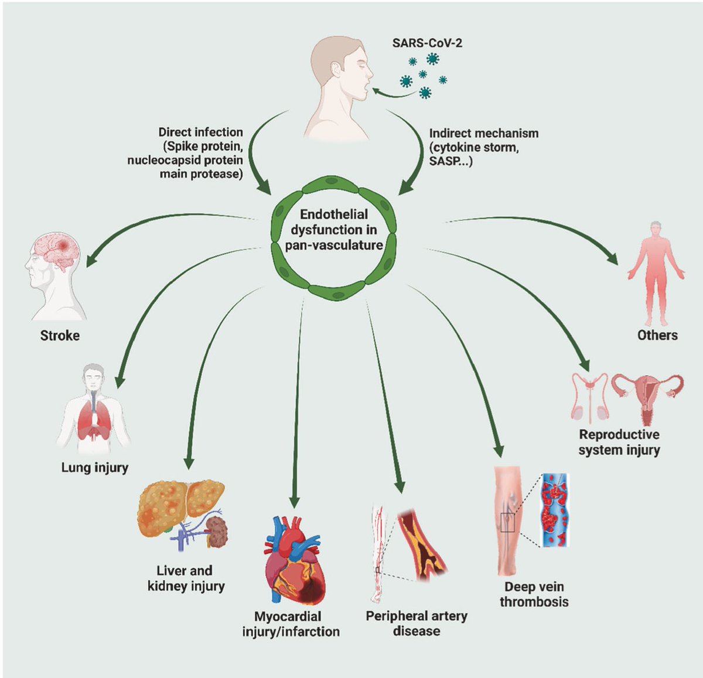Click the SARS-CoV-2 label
427,43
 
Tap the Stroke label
60,336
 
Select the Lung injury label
94,467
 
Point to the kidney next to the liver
218,531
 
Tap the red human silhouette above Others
656,272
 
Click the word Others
657,335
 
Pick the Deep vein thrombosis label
534,594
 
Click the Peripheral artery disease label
417,624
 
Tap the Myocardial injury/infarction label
291,624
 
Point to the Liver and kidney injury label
185,578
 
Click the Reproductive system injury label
619,442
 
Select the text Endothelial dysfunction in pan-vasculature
334,230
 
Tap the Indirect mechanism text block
483,146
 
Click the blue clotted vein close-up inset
554,510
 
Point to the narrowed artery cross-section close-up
422,544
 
